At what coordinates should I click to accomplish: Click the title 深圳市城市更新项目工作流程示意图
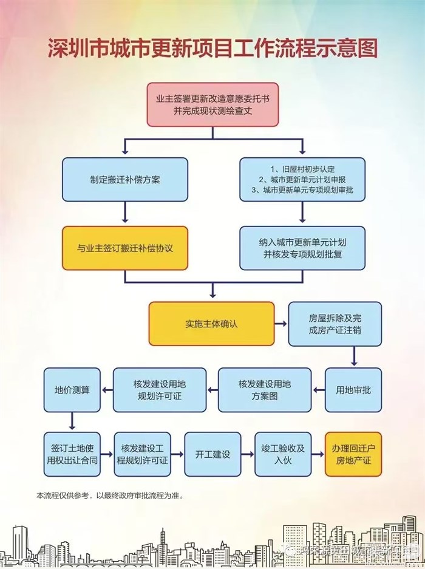(212, 49)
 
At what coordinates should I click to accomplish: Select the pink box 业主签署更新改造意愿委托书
(212, 104)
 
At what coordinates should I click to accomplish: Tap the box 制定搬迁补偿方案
(124, 180)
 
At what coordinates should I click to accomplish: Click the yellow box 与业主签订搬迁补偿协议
(124, 248)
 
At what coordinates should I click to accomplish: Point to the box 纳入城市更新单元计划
(302, 248)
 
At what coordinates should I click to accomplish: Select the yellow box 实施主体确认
(211, 324)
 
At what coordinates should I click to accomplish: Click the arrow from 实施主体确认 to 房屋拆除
(280, 324)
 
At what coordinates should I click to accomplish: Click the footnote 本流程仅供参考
(109, 496)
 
